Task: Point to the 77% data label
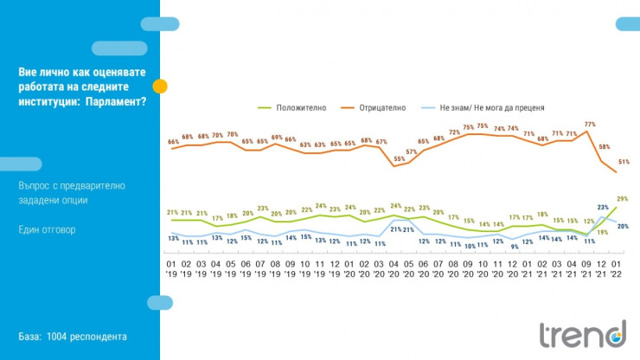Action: (x=590, y=124)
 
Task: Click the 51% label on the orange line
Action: (x=624, y=162)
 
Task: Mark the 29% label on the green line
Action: (x=623, y=199)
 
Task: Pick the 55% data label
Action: (x=399, y=158)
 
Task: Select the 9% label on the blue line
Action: (x=515, y=247)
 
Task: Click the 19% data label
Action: (x=602, y=233)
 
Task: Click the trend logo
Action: (x=582, y=334)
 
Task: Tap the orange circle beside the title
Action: (x=160, y=86)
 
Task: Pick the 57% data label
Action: (x=412, y=151)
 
